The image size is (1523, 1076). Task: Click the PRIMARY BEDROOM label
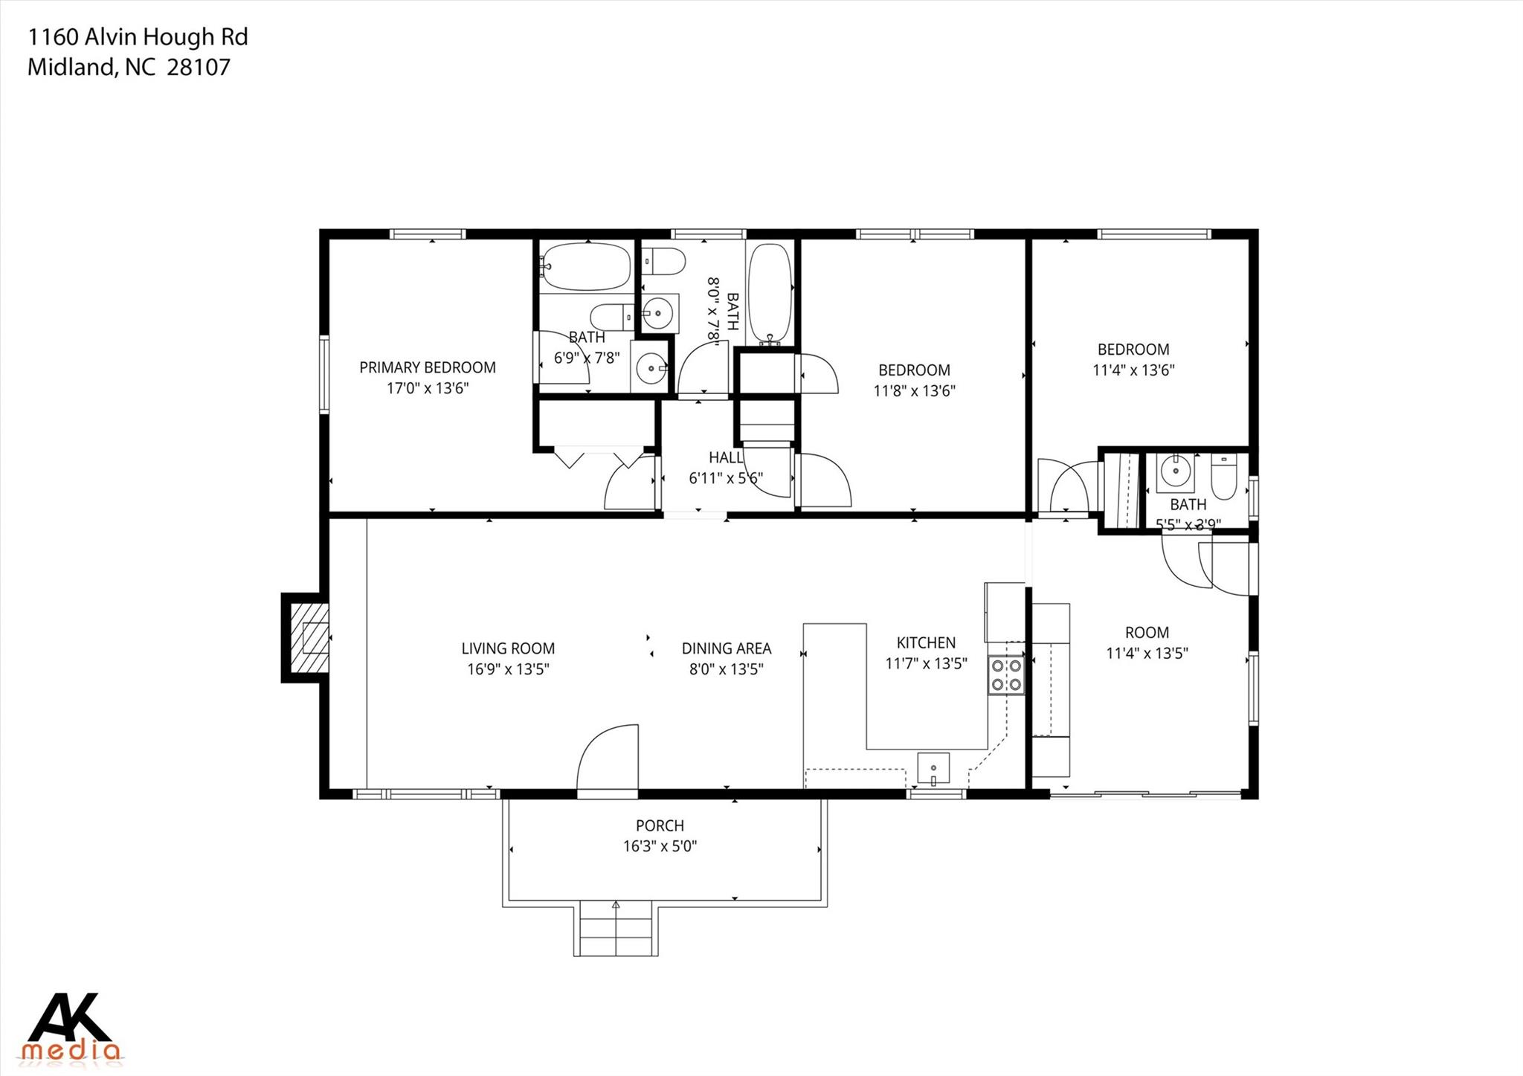[x=427, y=367]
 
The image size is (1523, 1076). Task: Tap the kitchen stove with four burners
[x=1006, y=675]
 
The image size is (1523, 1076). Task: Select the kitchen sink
[x=933, y=769]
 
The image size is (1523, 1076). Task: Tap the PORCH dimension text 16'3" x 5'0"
[x=660, y=846]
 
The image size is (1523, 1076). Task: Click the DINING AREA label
[x=726, y=648]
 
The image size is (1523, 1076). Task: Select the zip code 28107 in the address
[x=199, y=68]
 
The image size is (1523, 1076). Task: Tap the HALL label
[x=725, y=458]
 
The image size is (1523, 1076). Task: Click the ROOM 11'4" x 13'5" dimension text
[x=1147, y=654]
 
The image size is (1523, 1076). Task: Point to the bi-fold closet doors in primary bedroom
[x=599, y=457]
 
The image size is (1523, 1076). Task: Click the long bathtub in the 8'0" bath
[x=770, y=292]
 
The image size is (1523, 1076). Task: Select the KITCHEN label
[x=926, y=642]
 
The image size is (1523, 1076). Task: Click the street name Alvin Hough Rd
[x=166, y=37]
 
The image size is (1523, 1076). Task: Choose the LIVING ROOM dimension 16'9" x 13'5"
[x=508, y=669]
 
